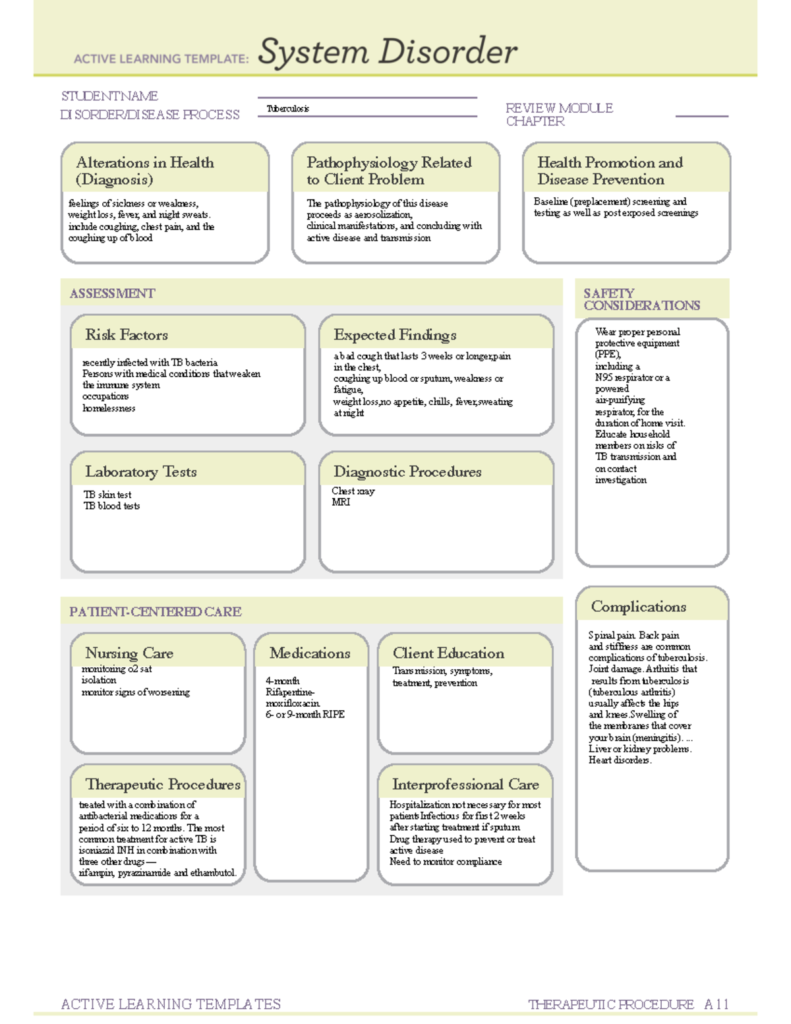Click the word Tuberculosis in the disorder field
pos(288,109)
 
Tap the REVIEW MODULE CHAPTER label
pos(559,115)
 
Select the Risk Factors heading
pos(127,335)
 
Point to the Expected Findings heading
pos(395,335)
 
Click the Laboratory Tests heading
pos(140,472)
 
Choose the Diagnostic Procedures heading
pos(407,472)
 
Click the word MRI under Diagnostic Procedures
pos(341,502)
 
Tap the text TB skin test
pos(107,495)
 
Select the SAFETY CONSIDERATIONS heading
pos(641,299)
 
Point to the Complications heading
pos(638,607)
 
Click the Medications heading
pos(310,653)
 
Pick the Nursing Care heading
pos(129,653)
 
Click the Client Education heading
pos(448,653)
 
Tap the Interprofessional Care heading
pos(465,785)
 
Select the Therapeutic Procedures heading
pos(163,785)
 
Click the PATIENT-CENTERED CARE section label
pos(156,612)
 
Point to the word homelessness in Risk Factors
pos(109,408)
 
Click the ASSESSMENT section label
pos(112,293)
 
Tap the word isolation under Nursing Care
pos(99,680)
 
